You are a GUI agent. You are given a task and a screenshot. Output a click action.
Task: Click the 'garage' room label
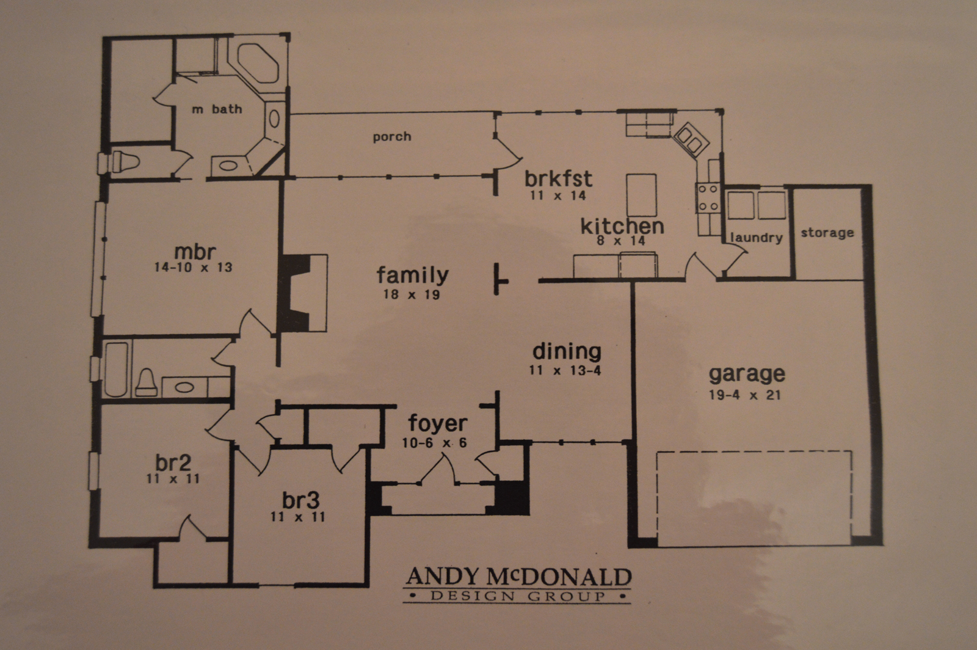coord(747,374)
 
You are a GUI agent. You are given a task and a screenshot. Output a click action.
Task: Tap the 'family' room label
coord(412,275)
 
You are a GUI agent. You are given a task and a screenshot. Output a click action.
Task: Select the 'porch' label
coord(391,137)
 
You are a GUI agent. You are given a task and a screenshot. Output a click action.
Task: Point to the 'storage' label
coord(827,233)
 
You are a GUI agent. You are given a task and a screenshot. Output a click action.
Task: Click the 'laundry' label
coord(757,237)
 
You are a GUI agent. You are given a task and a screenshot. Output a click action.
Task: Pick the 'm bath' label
coord(217,109)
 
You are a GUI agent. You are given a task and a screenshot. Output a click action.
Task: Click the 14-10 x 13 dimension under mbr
coord(193,267)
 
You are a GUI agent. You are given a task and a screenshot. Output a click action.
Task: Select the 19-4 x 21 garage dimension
coord(744,395)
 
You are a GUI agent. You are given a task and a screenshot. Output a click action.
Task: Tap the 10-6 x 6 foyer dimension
coord(434,443)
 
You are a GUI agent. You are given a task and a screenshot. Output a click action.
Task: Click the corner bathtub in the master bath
coord(257,64)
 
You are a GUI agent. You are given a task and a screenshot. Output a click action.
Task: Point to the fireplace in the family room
coord(303,293)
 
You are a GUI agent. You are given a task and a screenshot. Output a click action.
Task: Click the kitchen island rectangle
coord(642,195)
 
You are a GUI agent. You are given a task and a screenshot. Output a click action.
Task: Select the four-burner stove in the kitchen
coord(708,198)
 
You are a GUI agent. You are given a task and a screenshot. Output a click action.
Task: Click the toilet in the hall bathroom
coord(147,382)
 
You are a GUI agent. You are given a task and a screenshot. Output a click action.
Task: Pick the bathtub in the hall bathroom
coord(117,369)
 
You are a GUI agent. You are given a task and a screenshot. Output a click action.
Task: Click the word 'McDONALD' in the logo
coord(559,577)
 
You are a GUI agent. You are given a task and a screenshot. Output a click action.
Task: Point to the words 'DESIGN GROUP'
coord(518,596)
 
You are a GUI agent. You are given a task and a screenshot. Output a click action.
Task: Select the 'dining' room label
coord(567,351)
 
